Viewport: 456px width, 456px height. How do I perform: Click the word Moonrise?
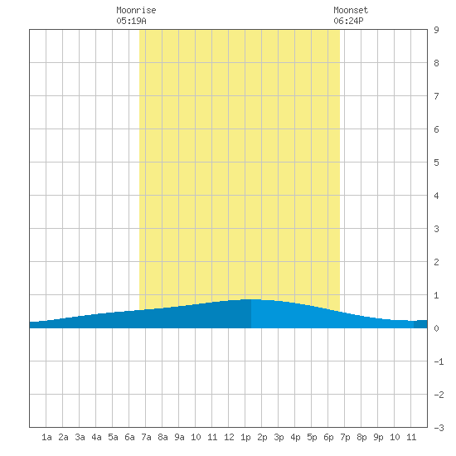(x=136, y=10)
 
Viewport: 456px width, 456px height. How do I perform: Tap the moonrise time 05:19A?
(x=131, y=21)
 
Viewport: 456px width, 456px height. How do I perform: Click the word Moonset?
(x=351, y=10)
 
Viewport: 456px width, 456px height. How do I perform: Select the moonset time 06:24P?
(x=348, y=21)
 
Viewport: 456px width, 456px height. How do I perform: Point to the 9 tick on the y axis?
(x=436, y=30)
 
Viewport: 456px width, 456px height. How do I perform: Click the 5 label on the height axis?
(x=436, y=163)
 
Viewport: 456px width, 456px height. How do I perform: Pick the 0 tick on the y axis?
(x=436, y=328)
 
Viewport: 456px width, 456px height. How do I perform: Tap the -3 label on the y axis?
(x=439, y=428)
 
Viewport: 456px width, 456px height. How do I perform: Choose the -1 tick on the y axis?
(x=439, y=361)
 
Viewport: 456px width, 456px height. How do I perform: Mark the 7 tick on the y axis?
(x=436, y=96)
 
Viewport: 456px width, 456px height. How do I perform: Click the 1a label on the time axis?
(x=46, y=437)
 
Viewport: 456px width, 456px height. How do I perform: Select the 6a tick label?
(x=129, y=437)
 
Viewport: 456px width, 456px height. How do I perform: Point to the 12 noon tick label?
(x=229, y=437)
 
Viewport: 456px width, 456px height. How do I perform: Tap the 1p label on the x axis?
(x=245, y=437)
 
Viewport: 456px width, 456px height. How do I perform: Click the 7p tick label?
(x=345, y=437)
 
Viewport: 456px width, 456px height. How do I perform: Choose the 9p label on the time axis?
(x=378, y=437)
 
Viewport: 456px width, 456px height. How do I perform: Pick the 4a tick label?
(x=96, y=437)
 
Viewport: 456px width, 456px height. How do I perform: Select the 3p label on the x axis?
(x=279, y=437)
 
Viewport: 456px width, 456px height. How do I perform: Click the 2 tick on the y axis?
(x=436, y=262)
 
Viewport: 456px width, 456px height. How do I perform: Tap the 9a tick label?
(x=179, y=437)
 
